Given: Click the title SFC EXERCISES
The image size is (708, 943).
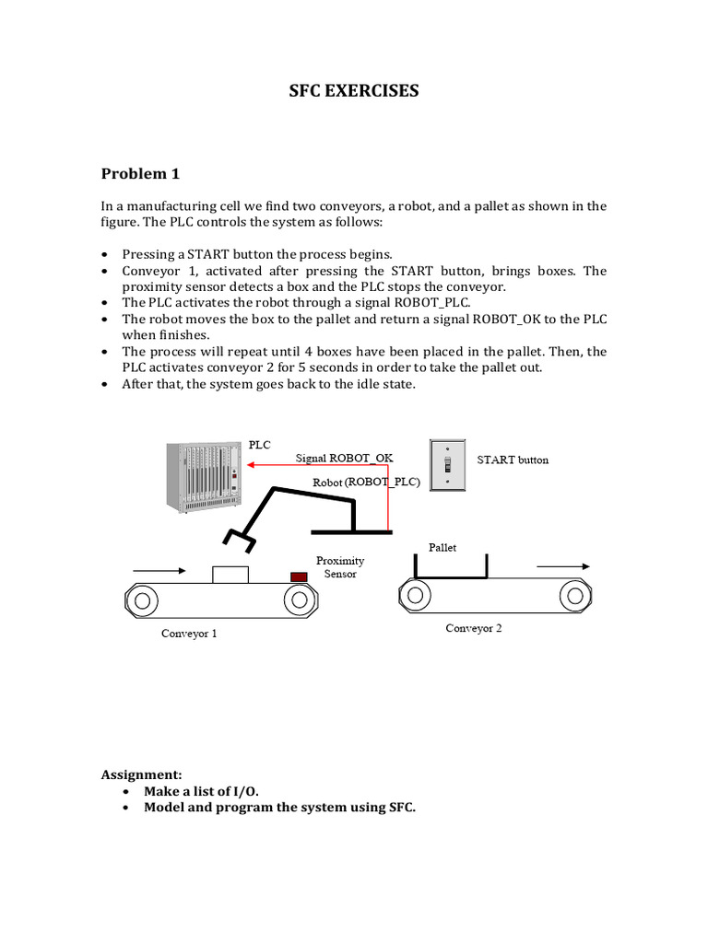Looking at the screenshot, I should click(354, 90).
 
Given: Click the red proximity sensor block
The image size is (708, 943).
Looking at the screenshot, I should click(299, 576).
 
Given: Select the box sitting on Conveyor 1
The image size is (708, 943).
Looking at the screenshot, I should click(230, 575).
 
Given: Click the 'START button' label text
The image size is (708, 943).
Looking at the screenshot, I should click(512, 460).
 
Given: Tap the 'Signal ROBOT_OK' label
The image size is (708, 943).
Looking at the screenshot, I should click(344, 457).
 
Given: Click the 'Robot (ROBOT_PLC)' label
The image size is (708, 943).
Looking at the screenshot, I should click(366, 482).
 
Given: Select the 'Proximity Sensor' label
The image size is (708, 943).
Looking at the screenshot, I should click(339, 566).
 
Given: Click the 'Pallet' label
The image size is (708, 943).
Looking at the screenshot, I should click(442, 547).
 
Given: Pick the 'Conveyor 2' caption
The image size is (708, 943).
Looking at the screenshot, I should click(474, 628).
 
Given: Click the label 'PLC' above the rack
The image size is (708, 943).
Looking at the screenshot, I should click(260, 444).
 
